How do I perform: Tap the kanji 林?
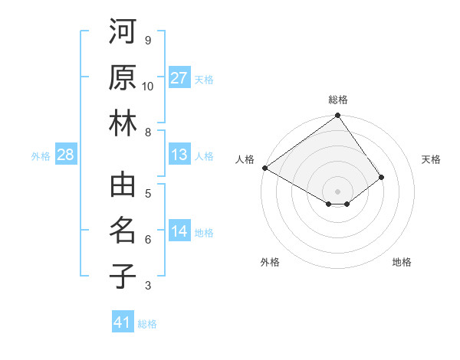coord(123,124)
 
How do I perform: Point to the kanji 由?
coord(123,186)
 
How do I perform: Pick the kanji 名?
coord(123,231)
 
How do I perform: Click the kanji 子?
coord(123,276)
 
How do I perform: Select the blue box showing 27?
coord(179,78)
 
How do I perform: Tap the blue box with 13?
coord(179,155)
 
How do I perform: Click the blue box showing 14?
coord(179,231)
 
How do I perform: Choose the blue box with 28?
coord(66,155)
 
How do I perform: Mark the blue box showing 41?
coord(123,322)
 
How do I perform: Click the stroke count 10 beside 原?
coord(148,87)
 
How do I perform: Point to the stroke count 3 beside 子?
coord(148,286)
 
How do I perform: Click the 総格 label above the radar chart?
coord(338,100)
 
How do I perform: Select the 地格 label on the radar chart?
coord(402,262)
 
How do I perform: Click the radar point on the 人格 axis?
coord(264,168)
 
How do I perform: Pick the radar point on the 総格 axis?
coord(338,116)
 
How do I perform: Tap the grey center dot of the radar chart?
coord(338,191)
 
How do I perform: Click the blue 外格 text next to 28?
coord(41,156)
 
